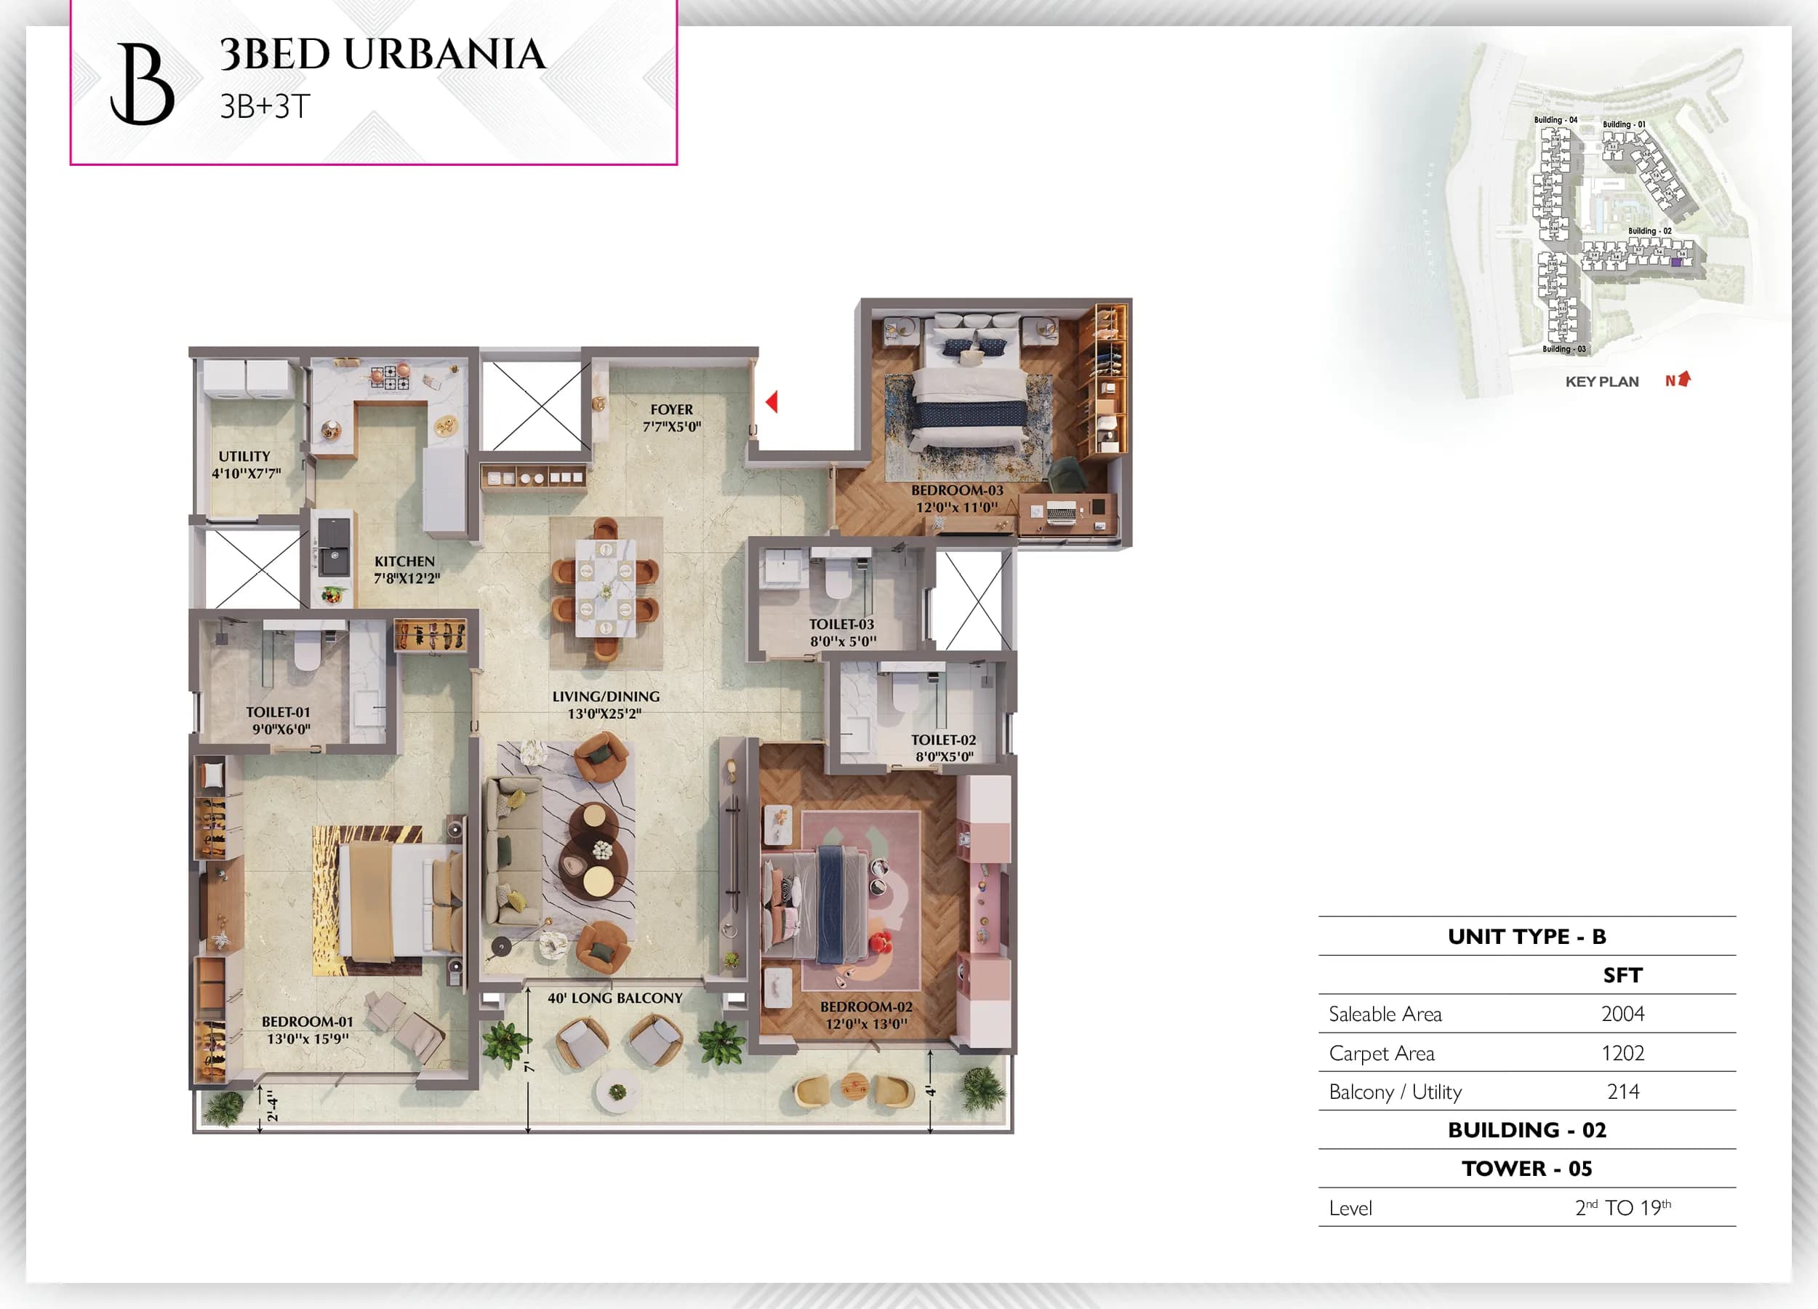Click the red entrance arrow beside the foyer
[x=772, y=401]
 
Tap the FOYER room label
[x=672, y=409]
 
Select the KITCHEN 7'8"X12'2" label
[x=406, y=569]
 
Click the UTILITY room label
[x=244, y=456]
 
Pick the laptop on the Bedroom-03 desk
[x=1061, y=511]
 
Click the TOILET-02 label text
[x=943, y=740]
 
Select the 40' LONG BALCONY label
[x=614, y=998]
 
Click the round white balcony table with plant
[x=617, y=1091]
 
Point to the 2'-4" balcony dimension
[x=272, y=1105]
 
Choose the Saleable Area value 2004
[x=1622, y=1014]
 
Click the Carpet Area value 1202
[x=1622, y=1052]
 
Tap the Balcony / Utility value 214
[x=1622, y=1091]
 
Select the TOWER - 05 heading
[x=1526, y=1168]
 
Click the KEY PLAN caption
[x=1601, y=382]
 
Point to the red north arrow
[x=1683, y=378]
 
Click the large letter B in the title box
[x=143, y=84]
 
